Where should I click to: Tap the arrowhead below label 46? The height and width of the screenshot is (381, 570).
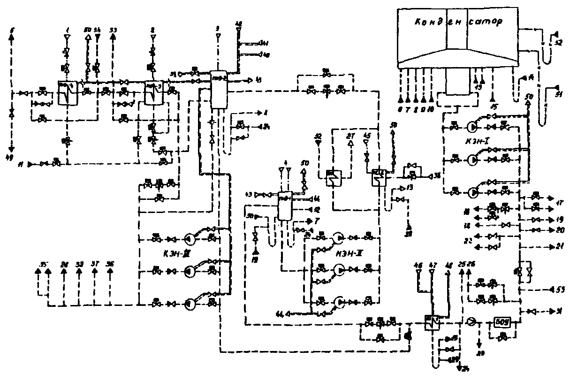click(x=418, y=274)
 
